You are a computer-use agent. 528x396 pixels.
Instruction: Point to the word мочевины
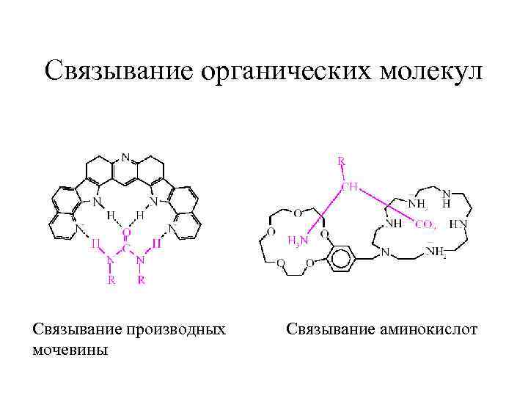click(70, 350)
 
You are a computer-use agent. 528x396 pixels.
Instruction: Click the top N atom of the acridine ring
click(126, 157)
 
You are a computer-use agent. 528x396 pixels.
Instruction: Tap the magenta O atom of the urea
click(126, 232)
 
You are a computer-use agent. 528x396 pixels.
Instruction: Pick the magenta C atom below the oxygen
click(126, 249)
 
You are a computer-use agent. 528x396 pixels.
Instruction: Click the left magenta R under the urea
click(110, 279)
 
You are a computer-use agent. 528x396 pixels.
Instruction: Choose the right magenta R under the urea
click(142, 279)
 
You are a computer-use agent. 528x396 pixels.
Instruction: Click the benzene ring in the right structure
click(337, 259)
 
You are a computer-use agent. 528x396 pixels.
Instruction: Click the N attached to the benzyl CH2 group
click(384, 254)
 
